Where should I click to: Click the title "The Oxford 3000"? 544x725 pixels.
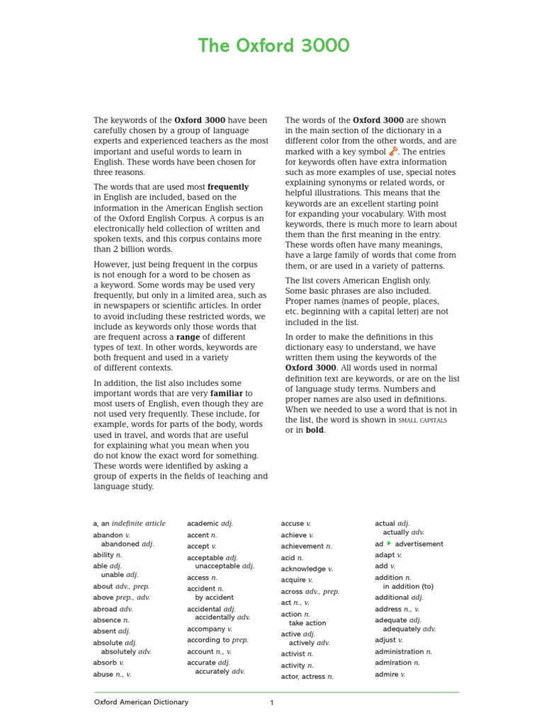click(273, 47)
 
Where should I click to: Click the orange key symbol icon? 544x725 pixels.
click(394, 152)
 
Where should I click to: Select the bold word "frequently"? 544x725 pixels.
click(228, 187)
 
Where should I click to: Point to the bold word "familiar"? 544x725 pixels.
click(227, 393)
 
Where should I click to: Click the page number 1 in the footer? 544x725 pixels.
click(271, 703)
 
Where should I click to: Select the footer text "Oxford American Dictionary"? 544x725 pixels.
click(142, 702)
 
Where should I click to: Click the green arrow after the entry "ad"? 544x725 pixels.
click(389, 544)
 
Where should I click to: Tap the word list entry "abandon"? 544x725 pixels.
click(108, 535)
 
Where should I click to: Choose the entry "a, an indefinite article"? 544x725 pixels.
click(129, 523)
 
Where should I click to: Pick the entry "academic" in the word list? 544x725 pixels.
click(203, 523)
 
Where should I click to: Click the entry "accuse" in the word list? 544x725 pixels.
click(293, 523)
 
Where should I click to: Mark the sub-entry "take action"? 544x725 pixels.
click(307, 623)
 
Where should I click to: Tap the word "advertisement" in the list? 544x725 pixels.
click(419, 544)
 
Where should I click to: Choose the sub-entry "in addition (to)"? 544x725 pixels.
click(408, 586)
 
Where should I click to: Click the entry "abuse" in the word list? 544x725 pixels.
click(103, 675)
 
